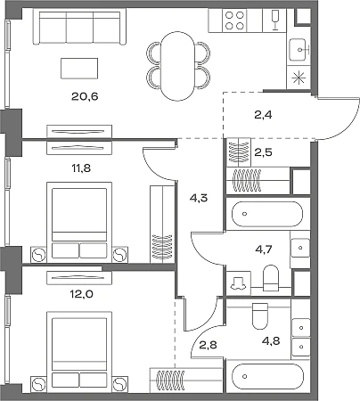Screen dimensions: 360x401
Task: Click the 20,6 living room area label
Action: pyautogui.click(x=85, y=96)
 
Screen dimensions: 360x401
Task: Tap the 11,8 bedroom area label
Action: pyautogui.click(x=81, y=168)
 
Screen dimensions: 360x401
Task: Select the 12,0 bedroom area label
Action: pyautogui.click(x=81, y=294)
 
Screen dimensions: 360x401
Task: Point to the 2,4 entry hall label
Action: pyautogui.click(x=263, y=114)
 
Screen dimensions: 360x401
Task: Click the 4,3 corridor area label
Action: pyautogui.click(x=199, y=198)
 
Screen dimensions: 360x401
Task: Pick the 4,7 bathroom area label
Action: pyautogui.click(x=264, y=250)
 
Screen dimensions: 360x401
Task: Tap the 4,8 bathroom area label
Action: pyautogui.click(x=271, y=340)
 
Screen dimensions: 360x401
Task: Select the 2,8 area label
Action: pyautogui.click(x=208, y=345)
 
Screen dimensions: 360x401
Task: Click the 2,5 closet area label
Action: pyautogui.click(x=264, y=152)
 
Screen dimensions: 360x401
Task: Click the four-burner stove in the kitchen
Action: pyautogui.click(x=234, y=20)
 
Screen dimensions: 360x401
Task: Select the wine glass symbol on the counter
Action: pyautogui.click(x=274, y=20)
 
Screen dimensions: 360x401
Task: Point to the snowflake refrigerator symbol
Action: pyautogui.click(x=299, y=78)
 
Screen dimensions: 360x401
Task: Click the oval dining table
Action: pyautogui.click(x=177, y=66)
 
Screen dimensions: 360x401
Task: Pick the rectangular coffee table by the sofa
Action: pyautogui.click(x=79, y=69)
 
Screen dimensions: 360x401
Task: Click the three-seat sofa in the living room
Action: pyautogui.click(x=79, y=27)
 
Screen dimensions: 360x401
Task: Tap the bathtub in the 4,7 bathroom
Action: pyautogui.click(x=267, y=214)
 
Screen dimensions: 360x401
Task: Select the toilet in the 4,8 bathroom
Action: pyautogui.click(x=260, y=315)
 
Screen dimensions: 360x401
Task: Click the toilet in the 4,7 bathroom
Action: pyautogui.click(x=271, y=278)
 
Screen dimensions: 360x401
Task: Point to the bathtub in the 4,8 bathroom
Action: pyautogui.click(x=268, y=377)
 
